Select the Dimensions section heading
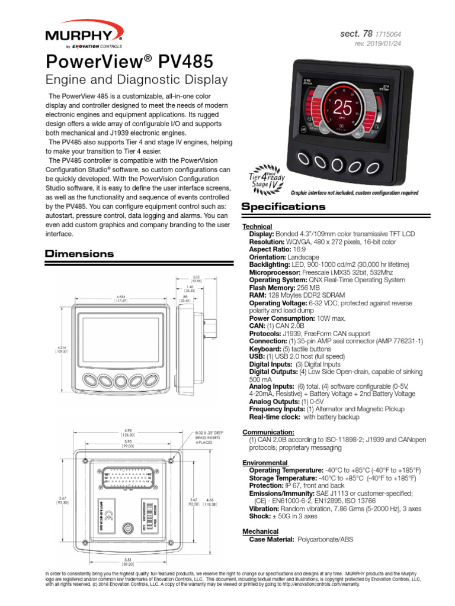[79, 254]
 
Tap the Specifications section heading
[284, 207]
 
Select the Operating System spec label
[277, 280]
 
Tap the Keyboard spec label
[267, 349]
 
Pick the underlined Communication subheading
[268, 432]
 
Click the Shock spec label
[260, 515]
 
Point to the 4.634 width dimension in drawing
[124, 298]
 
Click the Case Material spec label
[271, 539]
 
